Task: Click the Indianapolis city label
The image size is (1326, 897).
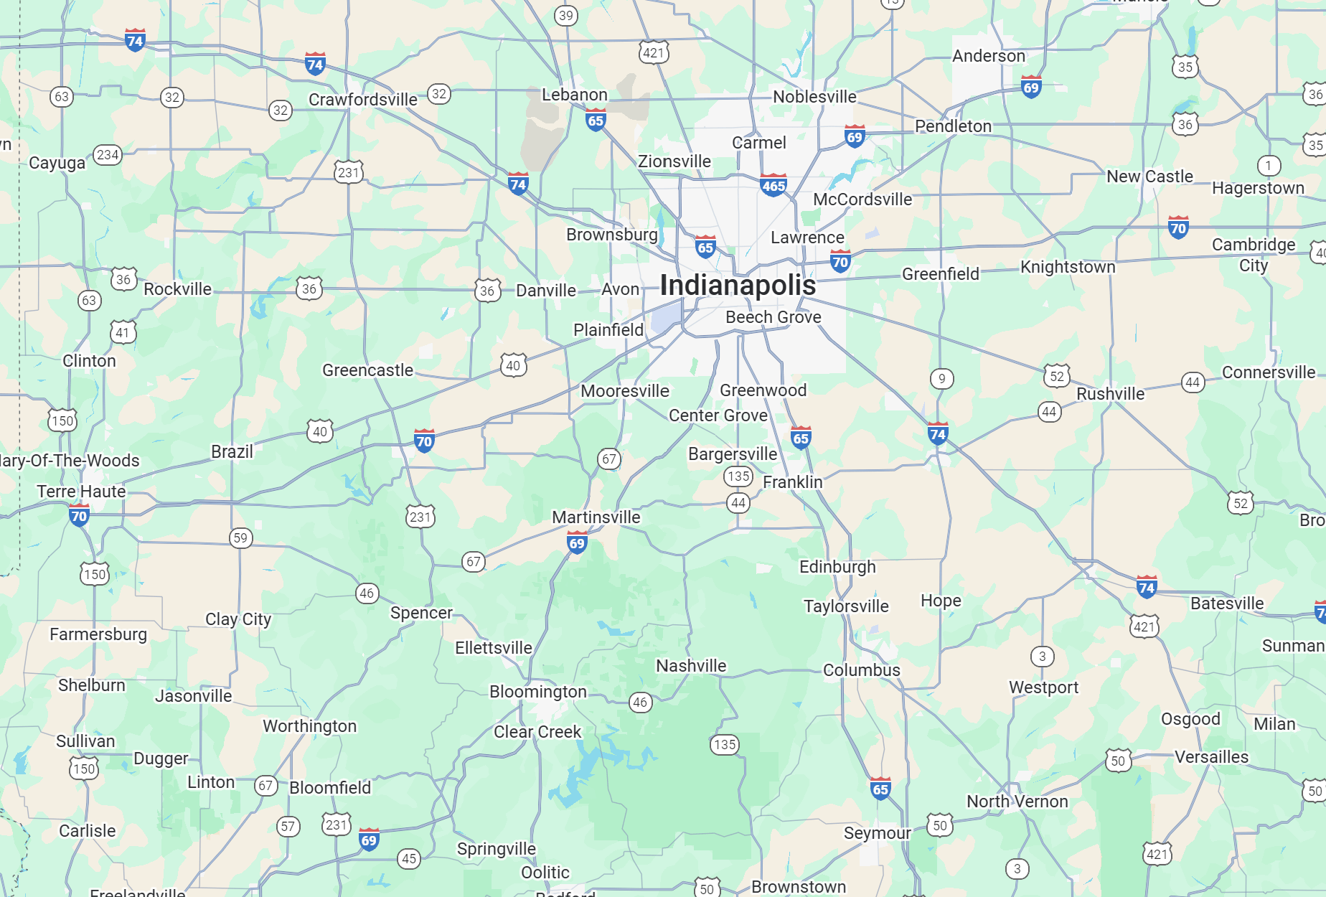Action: coord(738,286)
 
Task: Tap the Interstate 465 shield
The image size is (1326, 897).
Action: coord(773,185)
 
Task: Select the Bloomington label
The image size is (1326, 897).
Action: coord(537,692)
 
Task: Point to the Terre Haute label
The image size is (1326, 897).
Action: coord(81,492)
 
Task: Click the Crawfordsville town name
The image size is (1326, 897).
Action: coord(362,100)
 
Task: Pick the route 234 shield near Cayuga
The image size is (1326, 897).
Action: coord(108,154)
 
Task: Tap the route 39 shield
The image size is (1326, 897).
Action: coord(566,15)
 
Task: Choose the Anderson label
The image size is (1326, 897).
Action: coord(988,56)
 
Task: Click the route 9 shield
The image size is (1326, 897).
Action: coord(941,378)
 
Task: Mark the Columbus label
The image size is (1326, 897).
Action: coord(861,670)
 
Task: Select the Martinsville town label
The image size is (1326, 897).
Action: coord(596,517)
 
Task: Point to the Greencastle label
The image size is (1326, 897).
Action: coord(367,370)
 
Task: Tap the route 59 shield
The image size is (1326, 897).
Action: coord(240,537)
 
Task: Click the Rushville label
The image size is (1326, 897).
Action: coord(1110,394)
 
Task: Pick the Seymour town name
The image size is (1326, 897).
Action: coord(877,833)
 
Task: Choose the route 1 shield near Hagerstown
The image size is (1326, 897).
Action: coord(1269,166)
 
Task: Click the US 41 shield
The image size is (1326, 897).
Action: coord(123,332)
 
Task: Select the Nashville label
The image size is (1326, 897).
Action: coord(691,666)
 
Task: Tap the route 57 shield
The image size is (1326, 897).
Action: coord(288,826)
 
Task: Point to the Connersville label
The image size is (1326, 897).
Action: coord(1268,372)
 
